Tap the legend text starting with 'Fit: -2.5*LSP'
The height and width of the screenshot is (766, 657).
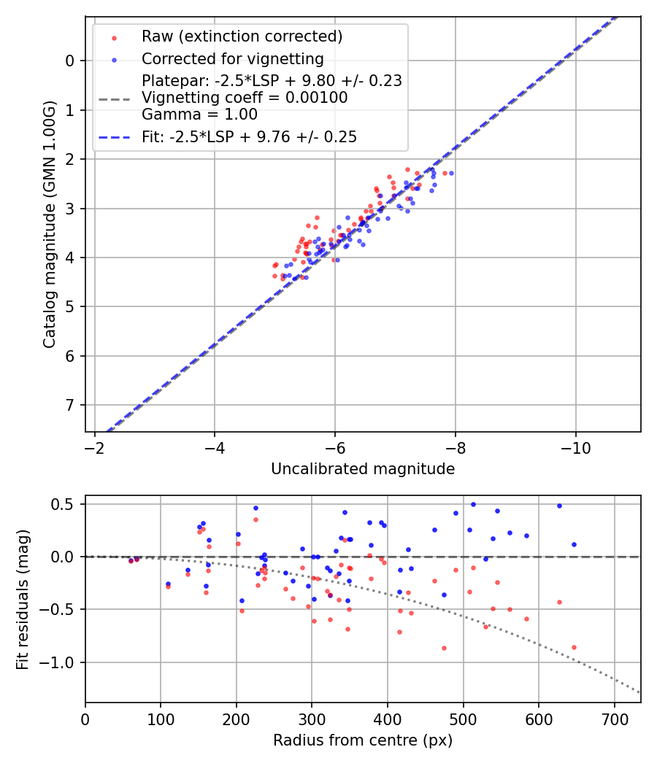(x=249, y=136)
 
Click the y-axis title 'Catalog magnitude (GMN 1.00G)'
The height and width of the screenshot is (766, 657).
(x=50, y=224)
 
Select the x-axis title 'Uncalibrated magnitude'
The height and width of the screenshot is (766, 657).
(x=363, y=469)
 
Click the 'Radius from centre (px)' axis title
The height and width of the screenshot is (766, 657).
(x=363, y=740)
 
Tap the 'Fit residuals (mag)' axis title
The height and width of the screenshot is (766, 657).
(x=23, y=599)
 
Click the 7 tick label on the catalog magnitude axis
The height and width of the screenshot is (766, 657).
(x=70, y=405)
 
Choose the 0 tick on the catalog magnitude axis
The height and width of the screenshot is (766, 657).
(x=70, y=61)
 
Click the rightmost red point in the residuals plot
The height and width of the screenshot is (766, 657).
(x=574, y=647)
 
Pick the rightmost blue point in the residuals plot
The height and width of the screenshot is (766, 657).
(x=574, y=544)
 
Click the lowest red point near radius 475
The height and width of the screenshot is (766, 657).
(x=444, y=648)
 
